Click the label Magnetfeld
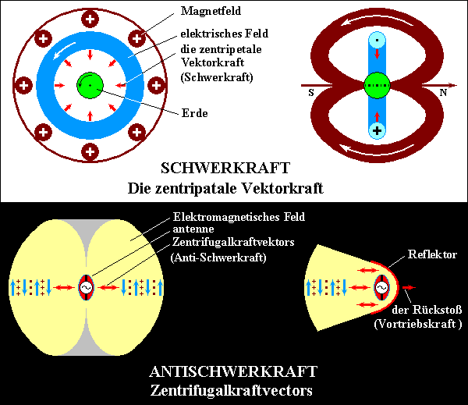tap(211, 12)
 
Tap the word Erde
tap(194, 113)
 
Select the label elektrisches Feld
tap(225, 34)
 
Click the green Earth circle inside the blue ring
tap(90, 85)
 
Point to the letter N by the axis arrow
tap(443, 93)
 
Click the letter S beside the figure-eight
tap(311, 93)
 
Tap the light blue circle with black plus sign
tap(377, 130)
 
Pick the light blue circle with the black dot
tap(377, 40)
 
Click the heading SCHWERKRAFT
tap(225, 168)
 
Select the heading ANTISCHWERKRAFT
tap(233, 372)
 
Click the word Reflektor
tap(432, 254)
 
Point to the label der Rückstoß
tap(427, 310)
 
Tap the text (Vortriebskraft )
tap(418, 324)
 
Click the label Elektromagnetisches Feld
tap(239, 217)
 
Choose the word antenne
tap(193, 229)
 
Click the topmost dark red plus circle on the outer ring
tap(90, 20)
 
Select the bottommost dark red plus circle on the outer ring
tap(90, 151)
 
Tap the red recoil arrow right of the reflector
tap(409, 287)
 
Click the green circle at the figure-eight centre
tap(377, 85)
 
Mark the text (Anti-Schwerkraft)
tap(218, 258)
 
